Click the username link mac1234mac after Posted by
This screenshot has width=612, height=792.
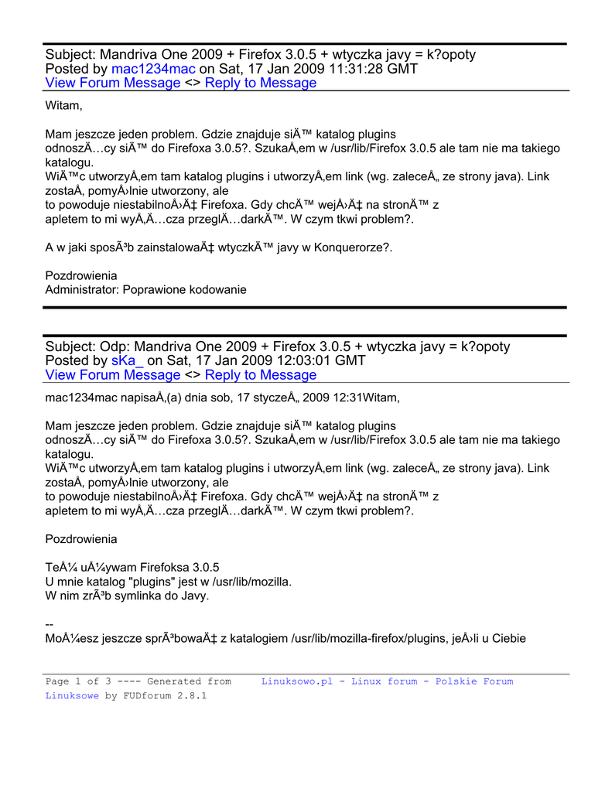coord(153,69)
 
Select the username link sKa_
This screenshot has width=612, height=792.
coord(128,360)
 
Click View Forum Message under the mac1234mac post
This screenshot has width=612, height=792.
coord(113,84)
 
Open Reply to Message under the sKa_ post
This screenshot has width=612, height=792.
coord(261,375)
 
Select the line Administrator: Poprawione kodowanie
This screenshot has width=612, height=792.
coord(145,290)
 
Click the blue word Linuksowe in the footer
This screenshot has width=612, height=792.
coord(72,695)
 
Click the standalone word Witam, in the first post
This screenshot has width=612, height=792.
coord(63,105)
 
